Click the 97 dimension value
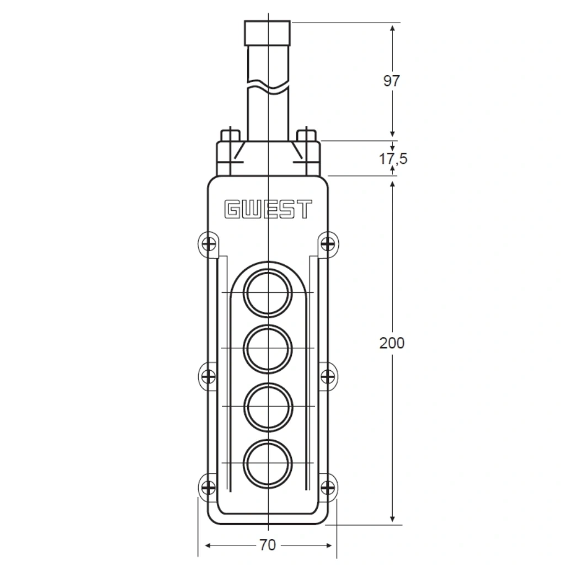click(392, 81)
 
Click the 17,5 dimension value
click(393, 158)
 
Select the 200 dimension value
click(392, 343)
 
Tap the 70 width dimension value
click(268, 545)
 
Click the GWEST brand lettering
click(268, 209)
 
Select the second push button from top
click(268, 349)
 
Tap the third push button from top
click(268, 407)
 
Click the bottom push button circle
click(268, 463)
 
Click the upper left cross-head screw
click(209, 244)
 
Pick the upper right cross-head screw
click(327, 244)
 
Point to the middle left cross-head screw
click(209, 376)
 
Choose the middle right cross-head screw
click(327, 376)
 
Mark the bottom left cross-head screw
click(209, 488)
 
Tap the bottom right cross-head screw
click(327, 488)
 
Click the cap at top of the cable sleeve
click(268, 33)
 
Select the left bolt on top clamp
click(230, 151)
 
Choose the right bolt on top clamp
click(306, 151)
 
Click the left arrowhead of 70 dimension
click(208, 546)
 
